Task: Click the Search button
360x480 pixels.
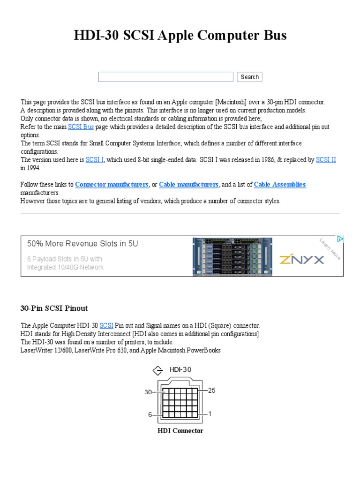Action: click(x=249, y=77)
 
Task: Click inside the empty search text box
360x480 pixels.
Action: click(x=165, y=77)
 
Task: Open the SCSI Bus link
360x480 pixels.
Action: click(x=81, y=127)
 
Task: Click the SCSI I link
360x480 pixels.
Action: click(x=94, y=160)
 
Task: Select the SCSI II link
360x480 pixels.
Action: click(x=326, y=160)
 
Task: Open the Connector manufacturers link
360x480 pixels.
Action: click(x=112, y=185)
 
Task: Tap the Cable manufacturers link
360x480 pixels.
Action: click(x=188, y=185)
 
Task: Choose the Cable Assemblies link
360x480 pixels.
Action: click(x=280, y=185)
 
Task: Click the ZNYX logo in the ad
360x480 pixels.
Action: click(x=301, y=259)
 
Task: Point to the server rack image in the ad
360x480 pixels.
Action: click(x=232, y=256)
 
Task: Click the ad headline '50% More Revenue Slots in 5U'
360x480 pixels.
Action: click(x=82, y=244)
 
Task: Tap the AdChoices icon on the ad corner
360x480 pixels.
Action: click(x=340, y=239)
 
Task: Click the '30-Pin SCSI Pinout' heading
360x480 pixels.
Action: click(x=54, y=308)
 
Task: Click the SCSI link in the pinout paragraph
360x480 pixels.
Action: click(x=106, y=325)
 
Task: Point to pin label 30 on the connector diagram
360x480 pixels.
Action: click(x=148, y=392)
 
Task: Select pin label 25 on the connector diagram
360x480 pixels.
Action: click(x=211, y=390)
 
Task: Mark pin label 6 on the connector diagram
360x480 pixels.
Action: click(x=150, y=414)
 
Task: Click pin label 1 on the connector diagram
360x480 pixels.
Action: click(x=210, y=413)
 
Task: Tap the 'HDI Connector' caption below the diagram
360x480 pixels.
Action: click(x=180, y=431)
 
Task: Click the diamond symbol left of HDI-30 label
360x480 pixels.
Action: click(x=158, y=371)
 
